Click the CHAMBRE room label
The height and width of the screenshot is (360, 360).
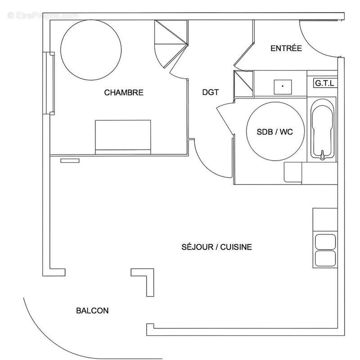coord(124,93)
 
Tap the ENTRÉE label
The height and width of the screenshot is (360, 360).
coord(286,49)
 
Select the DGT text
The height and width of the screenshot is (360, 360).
coord(210,93)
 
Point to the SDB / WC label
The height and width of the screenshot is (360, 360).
coord(275,132)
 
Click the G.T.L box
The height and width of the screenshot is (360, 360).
coord(324,83)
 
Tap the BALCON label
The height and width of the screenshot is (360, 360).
coord(92,310)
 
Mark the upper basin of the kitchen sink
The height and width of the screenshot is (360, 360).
coord(324,242)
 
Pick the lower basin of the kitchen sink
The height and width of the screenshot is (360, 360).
coord(324,258)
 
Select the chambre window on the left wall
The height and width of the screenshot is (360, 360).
coord(49,83)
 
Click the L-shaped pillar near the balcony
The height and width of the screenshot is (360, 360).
coord(146,279)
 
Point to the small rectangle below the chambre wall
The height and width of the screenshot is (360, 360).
coord(70,160)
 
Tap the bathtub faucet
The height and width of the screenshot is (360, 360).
coord(322,157)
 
